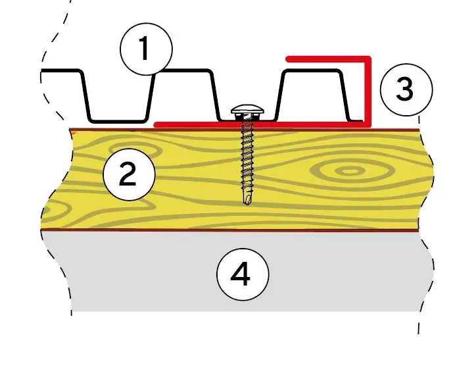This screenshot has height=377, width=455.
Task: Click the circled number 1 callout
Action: pos(146,49)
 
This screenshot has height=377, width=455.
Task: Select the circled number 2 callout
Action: pos(129,174)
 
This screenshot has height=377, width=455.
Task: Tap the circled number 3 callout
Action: pos(406,89)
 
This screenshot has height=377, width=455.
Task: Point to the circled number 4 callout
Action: pos(243,274)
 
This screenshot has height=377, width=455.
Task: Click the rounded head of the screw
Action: pos(248,109)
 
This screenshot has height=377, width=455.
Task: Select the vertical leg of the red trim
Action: pos(368,91)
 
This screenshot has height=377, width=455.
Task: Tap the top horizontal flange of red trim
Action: pos(328,59)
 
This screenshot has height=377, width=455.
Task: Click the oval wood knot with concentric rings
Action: pos(350,171)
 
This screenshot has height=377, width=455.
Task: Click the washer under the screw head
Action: pos(247,116)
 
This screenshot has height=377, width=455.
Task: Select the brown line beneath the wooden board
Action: pos(230,230)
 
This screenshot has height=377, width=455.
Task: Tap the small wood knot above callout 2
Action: pos(135,149)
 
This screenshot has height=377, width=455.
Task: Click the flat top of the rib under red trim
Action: pos(312,70)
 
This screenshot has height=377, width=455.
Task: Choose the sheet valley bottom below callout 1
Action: pos(118,120)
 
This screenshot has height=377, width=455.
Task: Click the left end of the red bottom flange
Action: pos(156,125)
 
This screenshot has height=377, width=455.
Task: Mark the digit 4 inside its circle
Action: pos(241,274)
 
